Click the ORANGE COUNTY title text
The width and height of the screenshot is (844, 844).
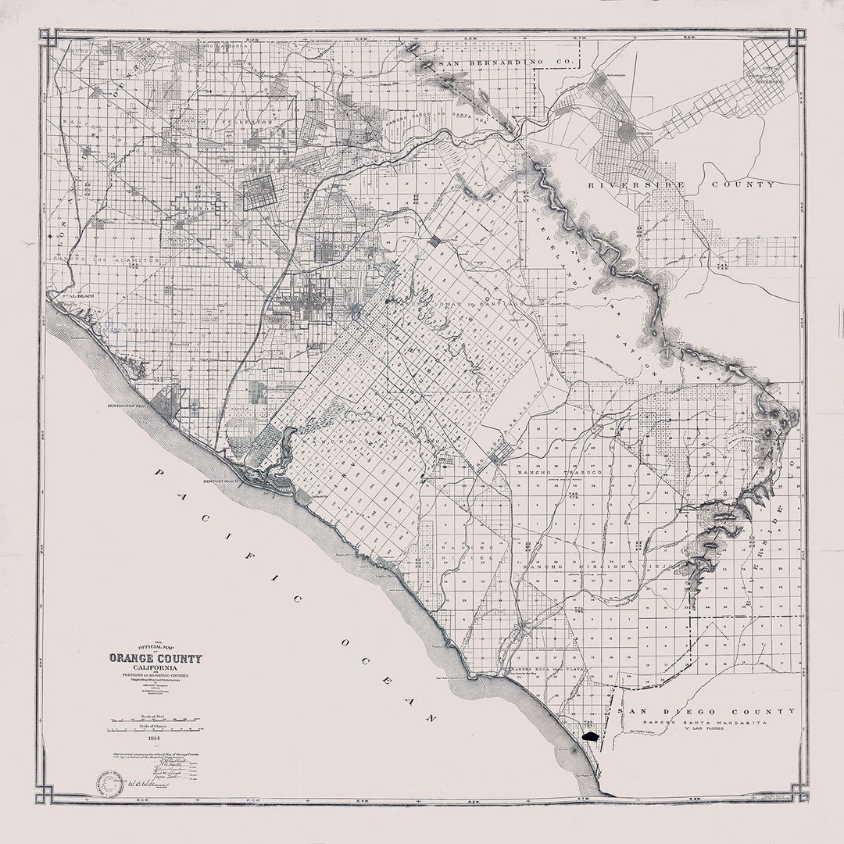coord(155,658)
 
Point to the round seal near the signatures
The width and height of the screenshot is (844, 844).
coord(110,785)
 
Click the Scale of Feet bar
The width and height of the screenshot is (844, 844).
coord(155,718)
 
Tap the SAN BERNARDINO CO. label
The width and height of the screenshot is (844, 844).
coord(508,62)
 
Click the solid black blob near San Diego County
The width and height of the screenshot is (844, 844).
coord(591,735)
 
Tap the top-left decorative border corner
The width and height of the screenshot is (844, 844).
coord(47,37)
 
